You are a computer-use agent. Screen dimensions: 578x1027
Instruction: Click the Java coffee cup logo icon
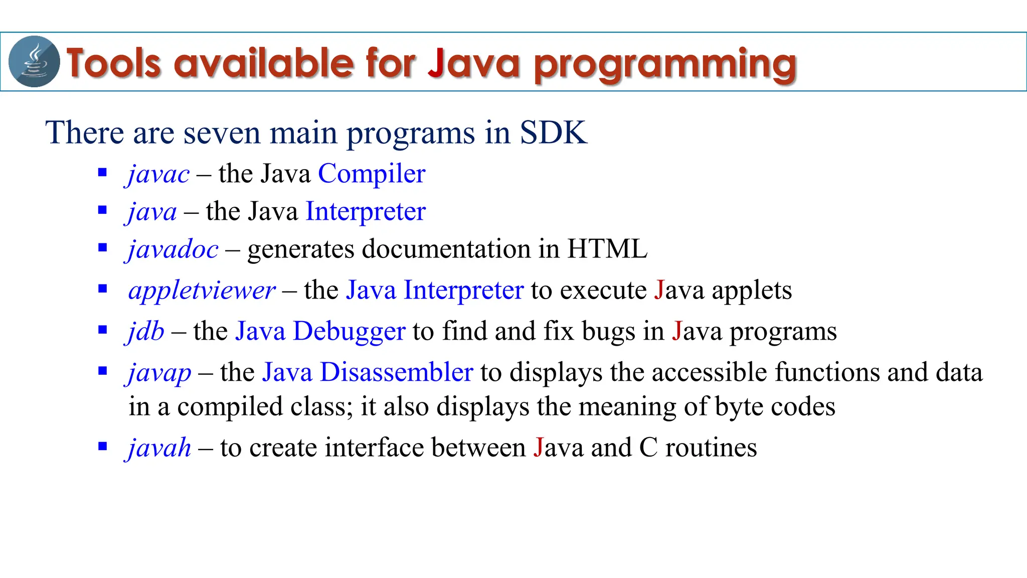tap(34, 62)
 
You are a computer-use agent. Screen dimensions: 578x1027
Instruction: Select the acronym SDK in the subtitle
tap(553, 132)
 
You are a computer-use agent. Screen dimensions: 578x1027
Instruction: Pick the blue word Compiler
tap(372, 174)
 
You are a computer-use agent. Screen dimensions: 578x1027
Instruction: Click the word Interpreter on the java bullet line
tap(366, 211)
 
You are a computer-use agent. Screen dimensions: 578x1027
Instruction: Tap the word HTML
tap(607, 249)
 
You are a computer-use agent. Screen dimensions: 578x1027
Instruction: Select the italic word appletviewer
tap(202, 291)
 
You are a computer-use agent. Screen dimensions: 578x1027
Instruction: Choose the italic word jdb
tap(145, 331)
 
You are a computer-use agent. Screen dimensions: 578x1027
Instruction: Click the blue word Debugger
tap(349, 332)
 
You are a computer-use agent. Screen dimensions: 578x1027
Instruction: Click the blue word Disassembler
tap(396, 372)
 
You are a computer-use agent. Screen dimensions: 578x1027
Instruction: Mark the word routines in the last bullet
tap(711, 448)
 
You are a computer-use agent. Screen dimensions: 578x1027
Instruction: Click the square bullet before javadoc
tap(103, 247)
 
